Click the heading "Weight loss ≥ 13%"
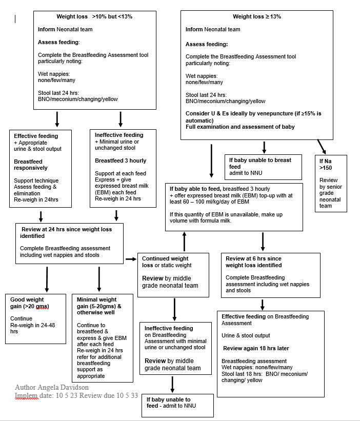tap(256, 16)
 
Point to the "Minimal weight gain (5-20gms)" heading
tap(98, 306)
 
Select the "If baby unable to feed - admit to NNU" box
tap(177, 406)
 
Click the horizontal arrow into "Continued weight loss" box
tap(130, 259)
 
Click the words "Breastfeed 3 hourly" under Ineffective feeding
tap(121, 161)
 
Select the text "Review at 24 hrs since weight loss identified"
tap(66, 232)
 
